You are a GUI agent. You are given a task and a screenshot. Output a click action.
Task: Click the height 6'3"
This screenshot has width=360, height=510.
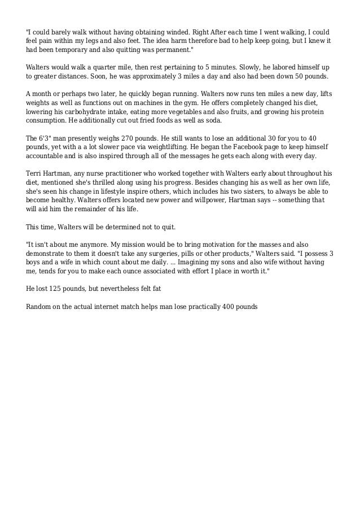[48, 138]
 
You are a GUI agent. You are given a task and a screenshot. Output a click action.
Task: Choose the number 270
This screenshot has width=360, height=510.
[130, 138]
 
